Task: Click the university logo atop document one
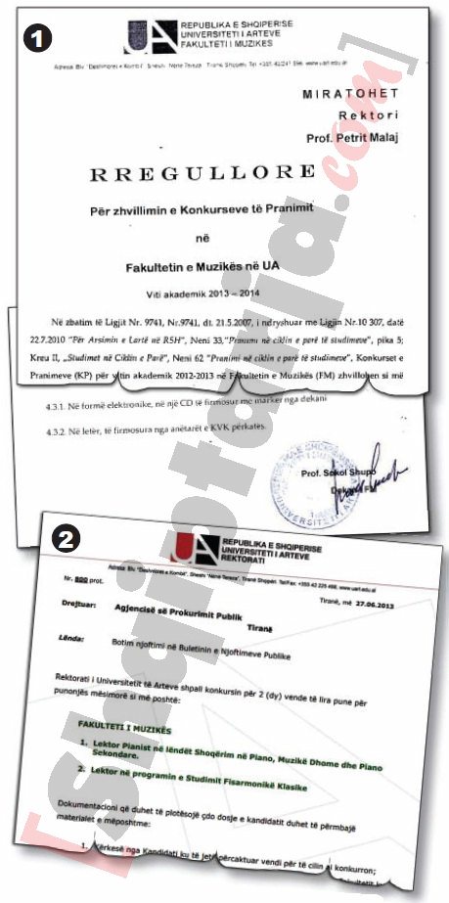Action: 137,36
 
